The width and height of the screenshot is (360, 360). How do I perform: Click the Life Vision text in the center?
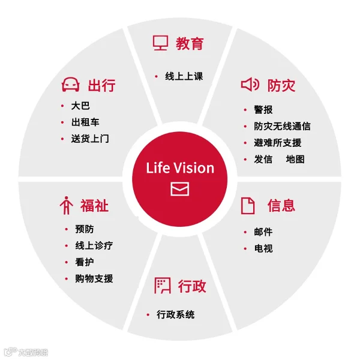180,167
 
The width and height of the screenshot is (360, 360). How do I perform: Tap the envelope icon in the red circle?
180,188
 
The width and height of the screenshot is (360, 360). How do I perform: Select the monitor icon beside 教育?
160,43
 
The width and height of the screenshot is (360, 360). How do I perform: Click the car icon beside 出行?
71,85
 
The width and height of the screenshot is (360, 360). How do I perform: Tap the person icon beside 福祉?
66,205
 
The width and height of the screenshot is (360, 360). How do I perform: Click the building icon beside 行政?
162,286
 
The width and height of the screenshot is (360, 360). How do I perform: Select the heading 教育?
190,43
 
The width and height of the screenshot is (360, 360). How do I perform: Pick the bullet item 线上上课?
184,76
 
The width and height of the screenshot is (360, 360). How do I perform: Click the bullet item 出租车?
85,122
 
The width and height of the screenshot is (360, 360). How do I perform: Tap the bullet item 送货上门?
90,139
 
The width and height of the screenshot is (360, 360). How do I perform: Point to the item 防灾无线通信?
282,126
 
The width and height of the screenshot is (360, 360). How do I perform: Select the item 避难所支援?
277,143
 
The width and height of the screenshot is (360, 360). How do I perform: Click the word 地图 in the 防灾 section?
295,159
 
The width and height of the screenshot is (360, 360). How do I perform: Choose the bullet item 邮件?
263,232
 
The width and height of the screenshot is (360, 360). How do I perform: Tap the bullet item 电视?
263,248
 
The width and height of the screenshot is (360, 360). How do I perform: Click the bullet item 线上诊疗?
94,245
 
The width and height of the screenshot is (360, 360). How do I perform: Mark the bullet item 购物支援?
94,278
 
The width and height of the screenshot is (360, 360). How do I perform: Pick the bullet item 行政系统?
175,314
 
